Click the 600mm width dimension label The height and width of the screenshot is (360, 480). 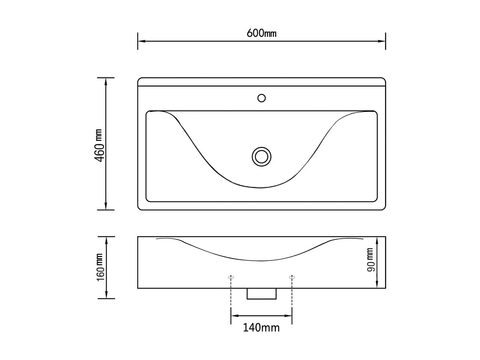click(261, 33)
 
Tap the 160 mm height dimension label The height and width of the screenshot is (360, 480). click(100, 267)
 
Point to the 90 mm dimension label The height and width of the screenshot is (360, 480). click(370, 260)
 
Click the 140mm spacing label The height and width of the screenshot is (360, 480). click(261, 328)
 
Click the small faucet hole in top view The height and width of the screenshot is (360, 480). click(261, 98)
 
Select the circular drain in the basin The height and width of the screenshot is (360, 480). click(261, 157)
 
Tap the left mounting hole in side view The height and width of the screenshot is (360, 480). click(231, 277)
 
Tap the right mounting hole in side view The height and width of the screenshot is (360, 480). click(292, 277)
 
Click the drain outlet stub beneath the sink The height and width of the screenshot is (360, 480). click(261, 294)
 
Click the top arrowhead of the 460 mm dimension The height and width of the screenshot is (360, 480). click(106, 81)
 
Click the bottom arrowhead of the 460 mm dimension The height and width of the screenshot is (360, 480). click(106, 206)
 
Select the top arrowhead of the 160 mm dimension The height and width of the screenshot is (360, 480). click(106, 240)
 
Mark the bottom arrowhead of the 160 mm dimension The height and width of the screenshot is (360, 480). click(106, 295)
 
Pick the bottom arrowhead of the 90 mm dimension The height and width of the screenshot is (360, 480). click(377, 284)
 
